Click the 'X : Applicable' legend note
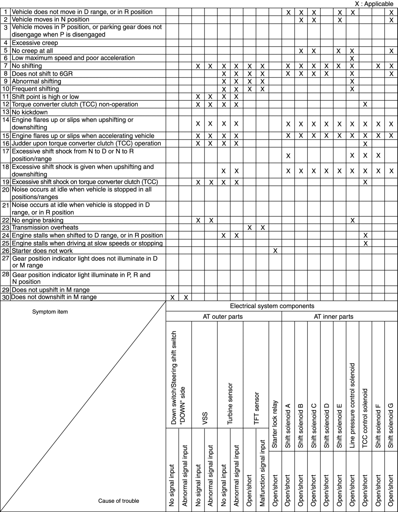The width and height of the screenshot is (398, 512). tap(374, 4)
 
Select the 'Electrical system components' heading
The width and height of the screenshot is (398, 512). tap(272, 306)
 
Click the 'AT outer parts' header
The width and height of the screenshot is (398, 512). tap(222, 317)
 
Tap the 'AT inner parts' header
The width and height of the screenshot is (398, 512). tap(333, 317)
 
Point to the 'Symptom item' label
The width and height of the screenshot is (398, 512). tap(50, 312)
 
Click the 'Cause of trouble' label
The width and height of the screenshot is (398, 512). tap(119, 501)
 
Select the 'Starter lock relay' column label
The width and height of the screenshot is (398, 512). tap(275, 424)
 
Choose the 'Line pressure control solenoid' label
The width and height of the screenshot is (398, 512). tap(352, 406)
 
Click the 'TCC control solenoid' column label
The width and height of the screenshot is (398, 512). tap(365, 418)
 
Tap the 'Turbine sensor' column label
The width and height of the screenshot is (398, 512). tap(230, 403)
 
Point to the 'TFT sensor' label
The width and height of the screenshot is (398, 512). tap(256, 408)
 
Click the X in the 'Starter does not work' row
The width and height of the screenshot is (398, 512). tap(275, 251)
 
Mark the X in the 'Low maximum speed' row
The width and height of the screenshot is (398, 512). tap(352, 59)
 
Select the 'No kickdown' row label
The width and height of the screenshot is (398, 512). tap(30, 112)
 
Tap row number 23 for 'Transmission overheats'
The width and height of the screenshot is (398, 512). tap(5, 227)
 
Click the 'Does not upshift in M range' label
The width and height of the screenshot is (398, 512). tap(51, 290)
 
